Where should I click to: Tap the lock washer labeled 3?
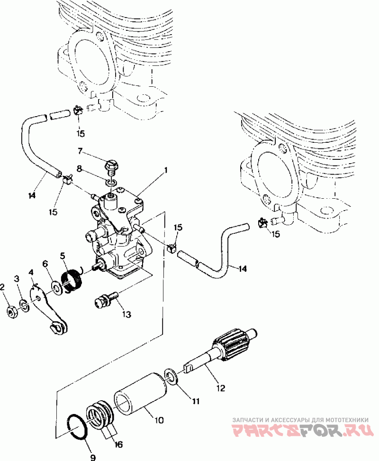pyautogui.click(x=24, y=306)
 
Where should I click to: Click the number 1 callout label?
pyautogui.click(x=166, y=170)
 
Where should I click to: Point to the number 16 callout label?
pyautogui.click(x=118, y=444)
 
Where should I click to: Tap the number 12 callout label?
pyautogui.click(x=220, y=388)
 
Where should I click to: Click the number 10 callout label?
pyautogui.click(x=159, y=420)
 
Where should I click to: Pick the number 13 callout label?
pyautogui.click(x=126, y=314)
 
